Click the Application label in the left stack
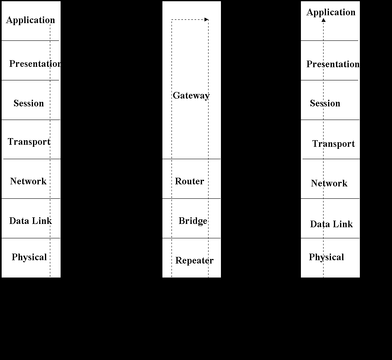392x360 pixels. [x=31, y=20]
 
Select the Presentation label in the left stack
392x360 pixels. [x=35, y=64]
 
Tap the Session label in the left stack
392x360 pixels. [x=29, y=103]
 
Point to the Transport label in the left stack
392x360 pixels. [x=29, y=142]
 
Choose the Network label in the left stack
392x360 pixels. [x=28, y=181]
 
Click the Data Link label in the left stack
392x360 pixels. [x=31, y=221]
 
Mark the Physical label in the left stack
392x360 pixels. [x=29, y=257]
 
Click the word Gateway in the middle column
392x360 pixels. [x=191, y=96]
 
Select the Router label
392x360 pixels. [x=190, y=181]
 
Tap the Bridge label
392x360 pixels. [x=193, y=221]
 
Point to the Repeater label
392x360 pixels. [x=195, y=261]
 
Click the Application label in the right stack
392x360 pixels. [x=331, y=12]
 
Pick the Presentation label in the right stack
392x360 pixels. [x=333, y=64]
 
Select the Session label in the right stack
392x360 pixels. [x=325, y=104]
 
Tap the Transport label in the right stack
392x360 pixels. [x=333, y=144]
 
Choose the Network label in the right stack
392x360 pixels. [x=329, y=183]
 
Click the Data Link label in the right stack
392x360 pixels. [x=331, y=224]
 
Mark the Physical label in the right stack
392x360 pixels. [x=326, y=257]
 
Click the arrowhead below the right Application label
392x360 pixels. [x=324, y=20]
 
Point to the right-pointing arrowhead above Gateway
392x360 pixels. [x=207, y=19]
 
